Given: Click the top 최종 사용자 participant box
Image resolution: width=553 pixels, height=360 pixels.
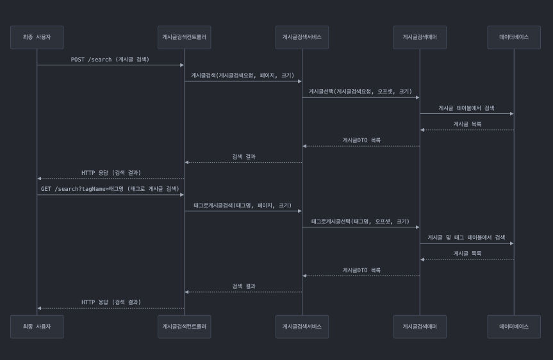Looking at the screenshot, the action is [37, 37].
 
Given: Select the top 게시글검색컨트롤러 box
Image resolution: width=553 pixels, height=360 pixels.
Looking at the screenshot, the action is [184, 37].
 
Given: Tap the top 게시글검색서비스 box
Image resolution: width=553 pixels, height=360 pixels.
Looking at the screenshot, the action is [302, 37].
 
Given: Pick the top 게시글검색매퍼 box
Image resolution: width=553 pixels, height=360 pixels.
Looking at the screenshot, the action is [420, 37].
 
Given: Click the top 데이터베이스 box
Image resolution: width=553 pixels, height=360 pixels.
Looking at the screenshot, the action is [514, 37].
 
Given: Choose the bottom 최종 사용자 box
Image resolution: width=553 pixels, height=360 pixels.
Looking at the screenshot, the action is [37, 326].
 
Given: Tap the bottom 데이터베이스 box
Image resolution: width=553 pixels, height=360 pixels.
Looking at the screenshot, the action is [514, 326].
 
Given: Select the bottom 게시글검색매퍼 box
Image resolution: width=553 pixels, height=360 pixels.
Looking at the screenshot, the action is [420, 326].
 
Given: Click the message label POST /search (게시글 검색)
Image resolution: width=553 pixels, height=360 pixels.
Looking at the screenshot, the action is [110, 60].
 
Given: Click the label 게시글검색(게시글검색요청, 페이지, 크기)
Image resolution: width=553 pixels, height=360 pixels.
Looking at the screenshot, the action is [243, 76].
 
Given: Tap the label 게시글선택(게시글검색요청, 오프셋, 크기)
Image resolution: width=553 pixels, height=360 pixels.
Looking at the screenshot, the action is [361, 92].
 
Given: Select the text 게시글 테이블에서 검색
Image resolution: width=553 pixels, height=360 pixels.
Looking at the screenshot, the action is [466, 108].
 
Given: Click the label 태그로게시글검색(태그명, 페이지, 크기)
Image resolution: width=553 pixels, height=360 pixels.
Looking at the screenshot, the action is [243, 206].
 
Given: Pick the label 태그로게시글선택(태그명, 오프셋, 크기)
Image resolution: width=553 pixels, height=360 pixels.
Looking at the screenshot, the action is [361, 222].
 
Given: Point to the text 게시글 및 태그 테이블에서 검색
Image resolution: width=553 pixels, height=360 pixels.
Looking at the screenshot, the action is [466, 238].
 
